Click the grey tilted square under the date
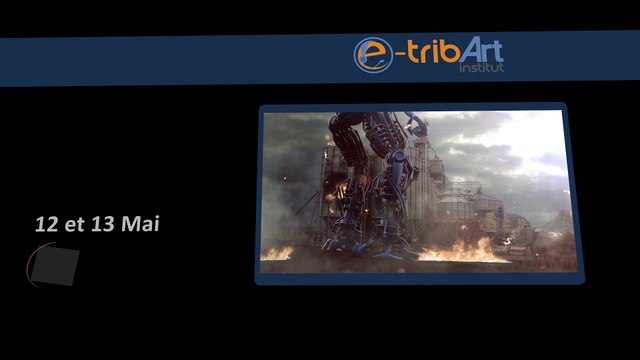tap(56, 265)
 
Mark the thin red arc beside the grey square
tap(30, 263)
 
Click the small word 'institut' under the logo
tap(481, 70)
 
